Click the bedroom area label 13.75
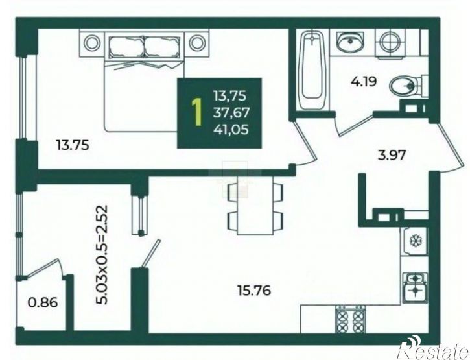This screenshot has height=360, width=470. [73, 145]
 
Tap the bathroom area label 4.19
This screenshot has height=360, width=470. [364, 82]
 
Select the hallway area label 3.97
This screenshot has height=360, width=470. [392, 156]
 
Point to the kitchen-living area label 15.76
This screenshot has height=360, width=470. [254, 291]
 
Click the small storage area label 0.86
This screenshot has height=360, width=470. [43, 302]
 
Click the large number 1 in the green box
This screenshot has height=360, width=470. [196, 113]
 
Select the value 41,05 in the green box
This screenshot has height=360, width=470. [231, 130]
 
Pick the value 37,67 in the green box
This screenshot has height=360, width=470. [231, 113]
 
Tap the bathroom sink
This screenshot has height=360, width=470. [350, 42]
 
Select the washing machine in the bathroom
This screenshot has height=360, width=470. [390, 42]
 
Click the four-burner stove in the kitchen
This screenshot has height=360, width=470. [350, 320]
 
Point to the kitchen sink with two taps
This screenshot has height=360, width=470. [415, 288]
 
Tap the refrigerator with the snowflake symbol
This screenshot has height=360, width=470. [415, 241]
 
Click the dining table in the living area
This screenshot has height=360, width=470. [255, 205]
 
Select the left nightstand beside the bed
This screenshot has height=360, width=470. [91, 42]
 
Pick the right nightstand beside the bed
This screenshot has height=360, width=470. [197, 42]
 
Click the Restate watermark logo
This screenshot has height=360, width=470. [436, 351]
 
